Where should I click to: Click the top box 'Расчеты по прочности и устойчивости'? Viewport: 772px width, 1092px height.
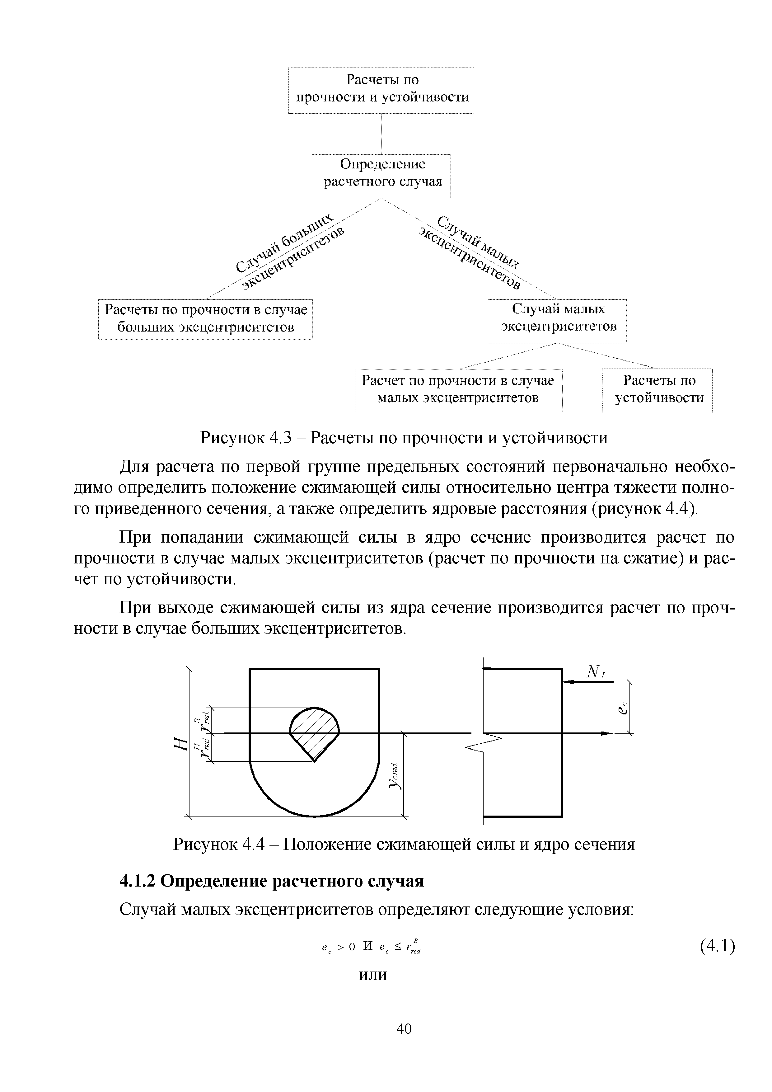tap(381, 90)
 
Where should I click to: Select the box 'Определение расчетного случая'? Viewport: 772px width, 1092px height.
tap(381, 176)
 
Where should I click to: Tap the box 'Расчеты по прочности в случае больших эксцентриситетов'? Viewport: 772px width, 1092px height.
tap(205, 319)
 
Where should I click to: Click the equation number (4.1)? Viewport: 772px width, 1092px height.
tap(717, 946)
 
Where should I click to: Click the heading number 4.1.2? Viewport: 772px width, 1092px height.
tap(138, 881)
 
